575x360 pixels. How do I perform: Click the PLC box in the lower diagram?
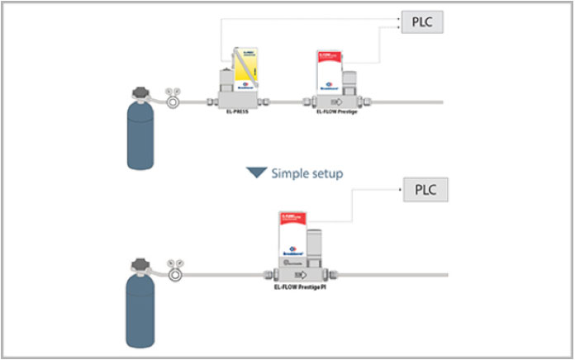[x=425, y=190]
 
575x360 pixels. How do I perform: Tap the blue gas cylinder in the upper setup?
[x=141, y=132]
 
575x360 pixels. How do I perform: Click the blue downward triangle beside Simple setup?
[x=257, y=173]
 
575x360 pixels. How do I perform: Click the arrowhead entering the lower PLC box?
[x=402, y=191]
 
